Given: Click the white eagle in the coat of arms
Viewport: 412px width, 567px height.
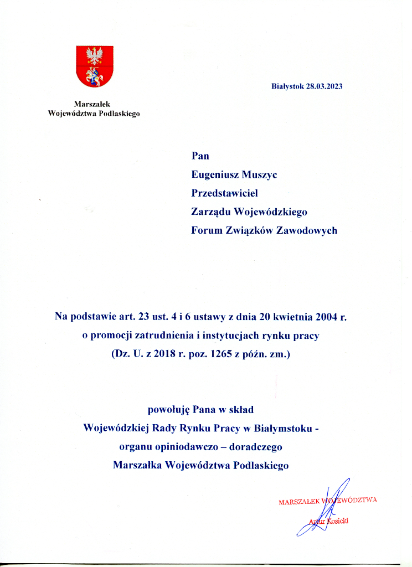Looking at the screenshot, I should click(x=94, y=56).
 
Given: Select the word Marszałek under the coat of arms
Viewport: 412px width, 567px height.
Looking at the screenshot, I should click(x=94, y=104).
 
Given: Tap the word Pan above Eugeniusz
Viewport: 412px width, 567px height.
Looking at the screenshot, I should click(x=200, y=156).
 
